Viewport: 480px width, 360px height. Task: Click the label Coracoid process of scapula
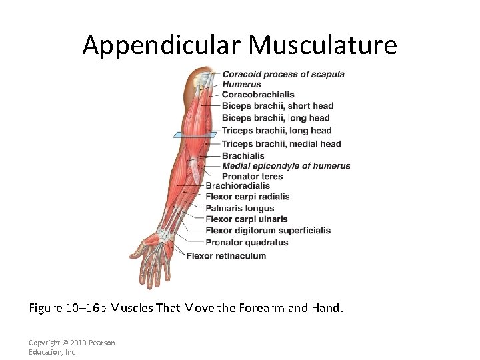(283, 74)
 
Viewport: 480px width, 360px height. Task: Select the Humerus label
(241, 85)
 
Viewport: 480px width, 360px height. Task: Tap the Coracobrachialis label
(258, 95)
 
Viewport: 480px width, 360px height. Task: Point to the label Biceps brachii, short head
(277, 106)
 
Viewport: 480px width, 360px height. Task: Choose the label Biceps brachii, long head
(275, 118)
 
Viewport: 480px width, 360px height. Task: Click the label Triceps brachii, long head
(276, 131)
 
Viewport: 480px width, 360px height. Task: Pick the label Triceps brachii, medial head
(281, 144)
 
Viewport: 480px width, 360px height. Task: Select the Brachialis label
(243, 156)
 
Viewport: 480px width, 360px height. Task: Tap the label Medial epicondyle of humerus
(286, 166)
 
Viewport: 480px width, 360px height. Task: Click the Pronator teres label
(252, 177)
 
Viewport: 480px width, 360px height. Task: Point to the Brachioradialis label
(237, 186)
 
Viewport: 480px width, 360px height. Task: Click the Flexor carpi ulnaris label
(246, 219)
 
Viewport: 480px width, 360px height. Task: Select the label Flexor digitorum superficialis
(267, 231)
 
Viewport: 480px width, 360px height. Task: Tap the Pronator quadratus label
(247, 243)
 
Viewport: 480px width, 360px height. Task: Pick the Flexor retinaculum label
(226, 256)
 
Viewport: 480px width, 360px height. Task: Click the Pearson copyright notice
(71, 347)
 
